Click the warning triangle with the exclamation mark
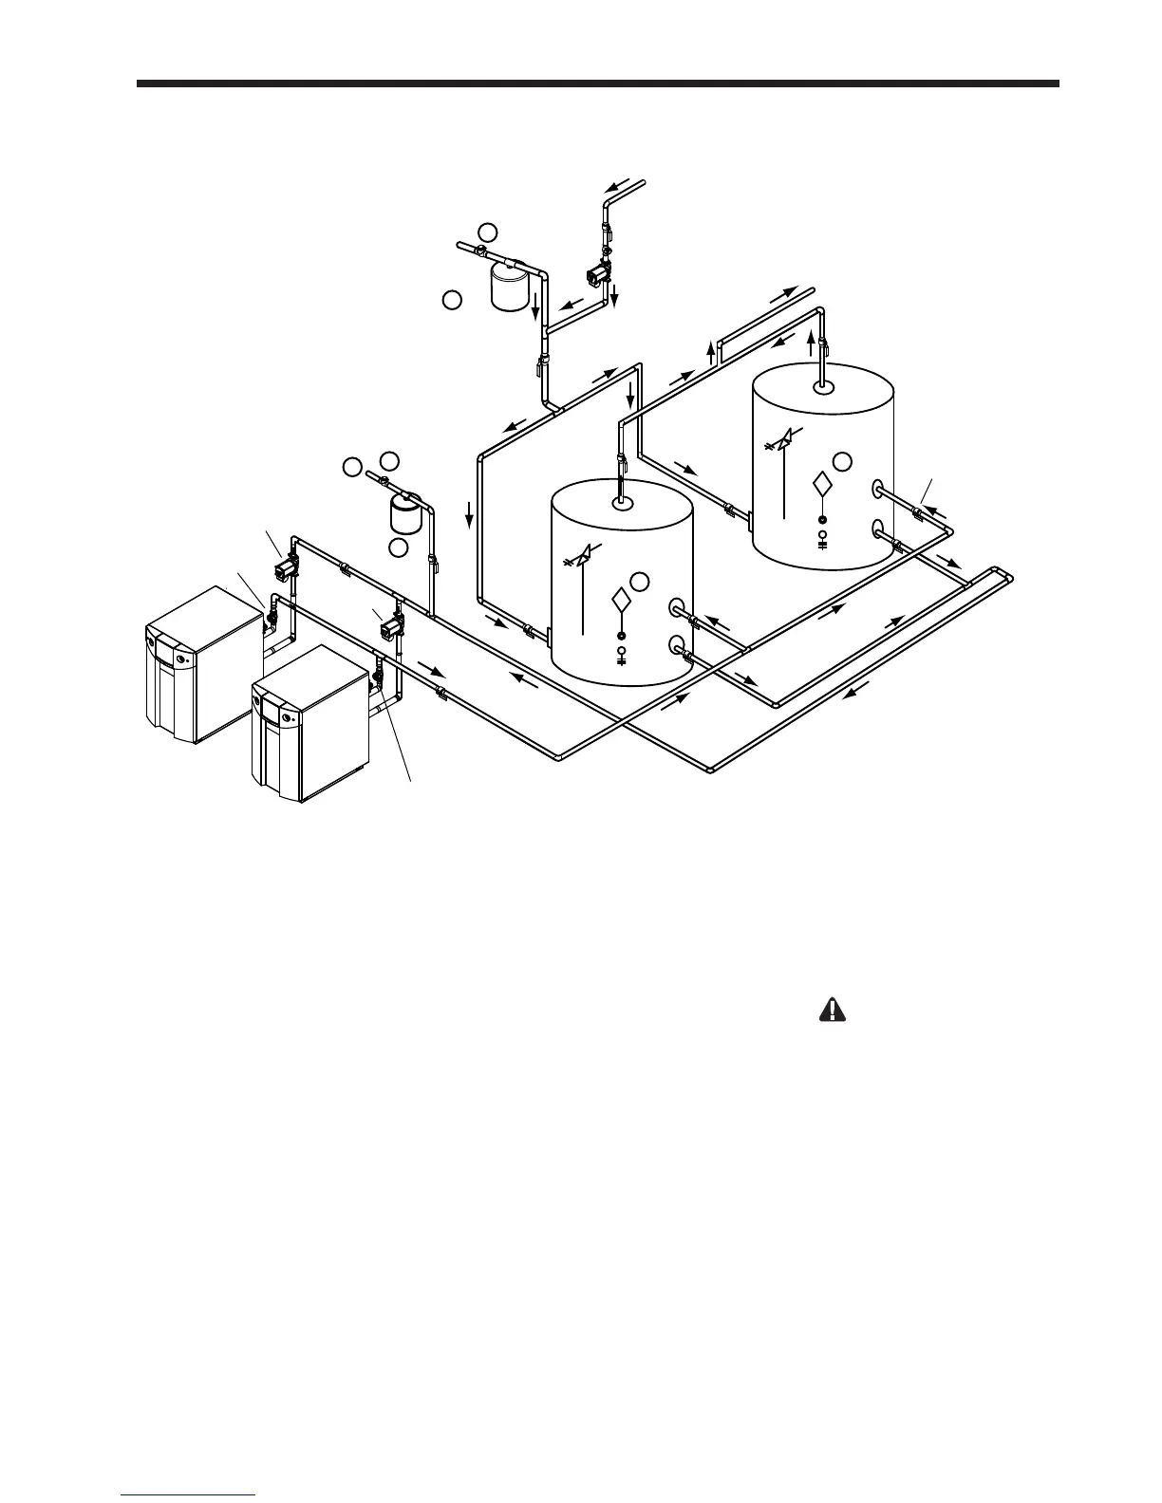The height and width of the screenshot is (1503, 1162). pos(832,1011)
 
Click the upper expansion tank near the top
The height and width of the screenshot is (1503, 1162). pos(509,285)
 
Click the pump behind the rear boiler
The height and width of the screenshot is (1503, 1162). pos(283,569)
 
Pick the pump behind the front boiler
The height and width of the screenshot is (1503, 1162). pos(390,625)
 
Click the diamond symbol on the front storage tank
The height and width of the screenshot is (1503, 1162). pos(621,601)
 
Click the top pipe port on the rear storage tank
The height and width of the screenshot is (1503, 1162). pos(823,386)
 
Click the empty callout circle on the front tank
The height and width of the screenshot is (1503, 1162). pos(642,580)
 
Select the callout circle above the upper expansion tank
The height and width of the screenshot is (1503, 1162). pos(487,232)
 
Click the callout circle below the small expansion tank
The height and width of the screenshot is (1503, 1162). pos(399,547)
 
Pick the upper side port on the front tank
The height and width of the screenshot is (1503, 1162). pos(678,607)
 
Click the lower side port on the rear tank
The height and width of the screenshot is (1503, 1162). pos(879,528)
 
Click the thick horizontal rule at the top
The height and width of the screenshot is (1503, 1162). pos(597,83)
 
